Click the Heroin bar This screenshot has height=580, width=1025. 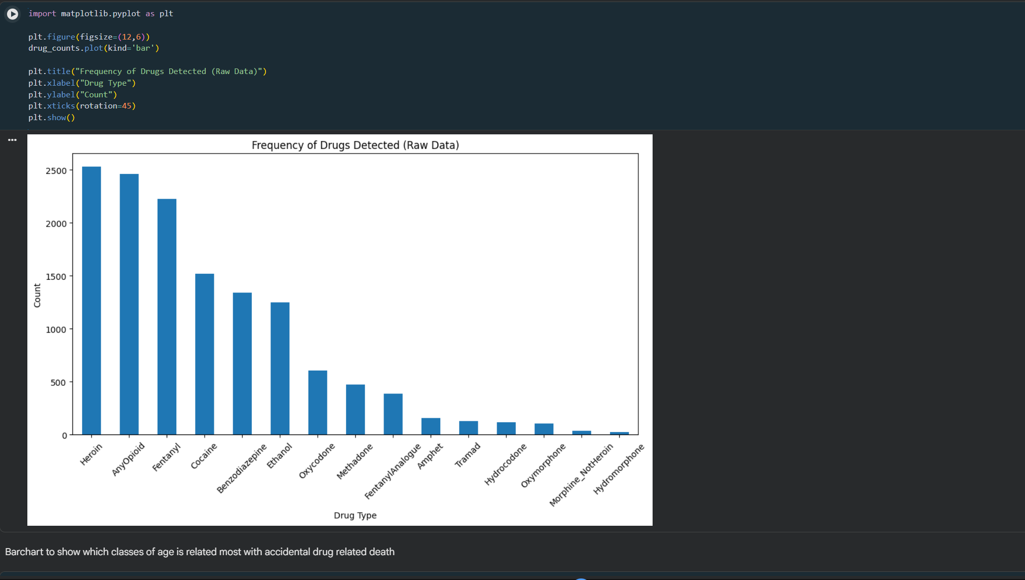click(91, 301)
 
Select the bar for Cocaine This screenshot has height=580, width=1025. click(205, 354)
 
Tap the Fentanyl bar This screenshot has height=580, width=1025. click(167, 317)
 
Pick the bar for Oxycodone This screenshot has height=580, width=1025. click(318, 403)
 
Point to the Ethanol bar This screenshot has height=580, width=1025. click(280, 369)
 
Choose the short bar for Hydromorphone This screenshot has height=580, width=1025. click(619, 433)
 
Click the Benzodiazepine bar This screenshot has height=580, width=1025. click(242, 364)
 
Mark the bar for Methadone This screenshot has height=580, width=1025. click(355, 410)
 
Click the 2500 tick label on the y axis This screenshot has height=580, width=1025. click(56, 171)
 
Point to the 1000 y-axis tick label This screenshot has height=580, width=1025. click(56, 330)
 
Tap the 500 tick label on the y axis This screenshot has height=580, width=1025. click(58, 383)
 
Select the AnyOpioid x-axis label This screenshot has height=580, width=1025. click(128, 459)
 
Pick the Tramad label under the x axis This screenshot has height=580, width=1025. click(467, 455)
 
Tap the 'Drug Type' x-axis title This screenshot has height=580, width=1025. click(355, 515)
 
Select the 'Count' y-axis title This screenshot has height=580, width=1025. click(37, 296)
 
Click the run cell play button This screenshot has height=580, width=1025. click(13, 14)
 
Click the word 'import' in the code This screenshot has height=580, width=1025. click(42, 14)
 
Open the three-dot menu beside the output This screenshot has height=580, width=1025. click(13, 140)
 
